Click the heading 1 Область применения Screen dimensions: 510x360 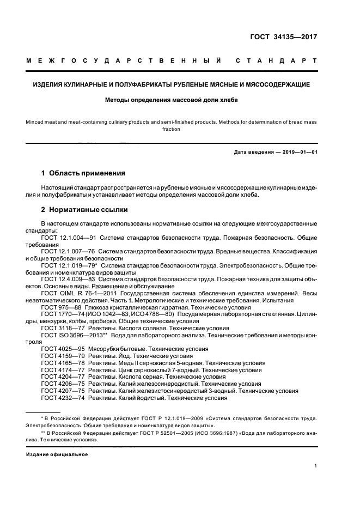pos(83,173)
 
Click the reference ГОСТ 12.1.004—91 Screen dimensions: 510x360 pos(63,238)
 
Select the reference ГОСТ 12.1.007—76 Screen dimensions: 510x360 pos(63,252)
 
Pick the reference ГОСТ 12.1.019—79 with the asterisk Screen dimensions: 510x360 pos(64,265)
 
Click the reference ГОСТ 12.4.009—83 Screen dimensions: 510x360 pos(63,280)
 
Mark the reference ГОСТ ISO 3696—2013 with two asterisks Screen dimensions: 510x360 pos(70,335)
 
